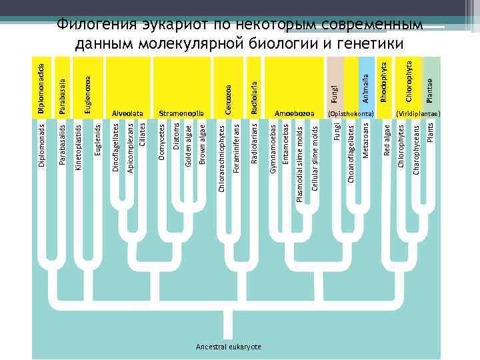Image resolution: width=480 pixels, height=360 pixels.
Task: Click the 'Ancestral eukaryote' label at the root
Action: pos(228,347)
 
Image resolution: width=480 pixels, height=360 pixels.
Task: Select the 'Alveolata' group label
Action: pos(127,114)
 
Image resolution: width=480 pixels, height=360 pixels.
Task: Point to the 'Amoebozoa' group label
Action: pos(294,114)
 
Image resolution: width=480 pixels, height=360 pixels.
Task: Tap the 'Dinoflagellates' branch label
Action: pos(115,148)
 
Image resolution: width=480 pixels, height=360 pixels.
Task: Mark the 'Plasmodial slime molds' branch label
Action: pos(299,161)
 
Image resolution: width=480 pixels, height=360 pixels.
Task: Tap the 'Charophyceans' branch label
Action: pos(416,149)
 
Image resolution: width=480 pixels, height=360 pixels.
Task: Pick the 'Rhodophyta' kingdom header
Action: pos(384,83)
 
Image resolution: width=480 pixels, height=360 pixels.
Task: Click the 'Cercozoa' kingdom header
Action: pos(229,99)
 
